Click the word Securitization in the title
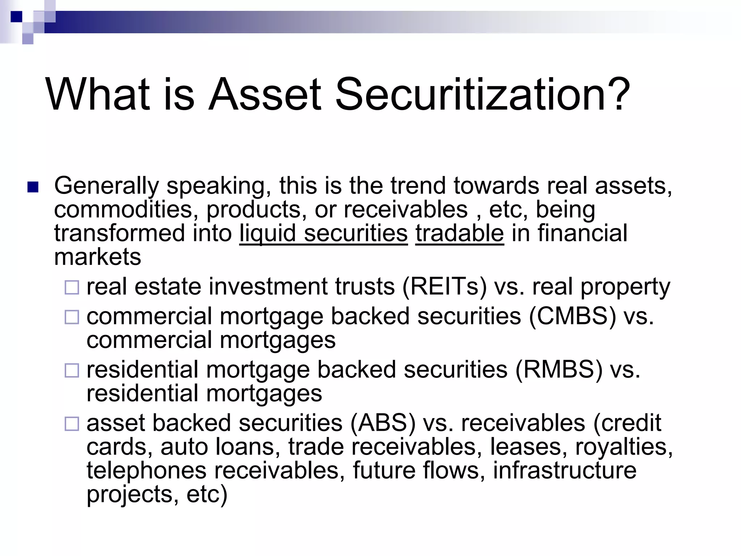pyautogui.click(x=471, y=95)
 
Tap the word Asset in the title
pyautogui.click(x=264, y=95)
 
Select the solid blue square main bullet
pyautogui.click(x=33, y=188)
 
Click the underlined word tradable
pyautogui.click(x=460, y=233)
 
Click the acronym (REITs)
pyautogui.click(x=445, y=287)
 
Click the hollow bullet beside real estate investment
pyautogui.click(x=72, y=288)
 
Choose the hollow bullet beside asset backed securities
pyautogui.click(x=72, y=424)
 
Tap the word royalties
pyautogui.click(x=624, y=447)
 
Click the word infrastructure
pyautogui.click(x=564, y=470)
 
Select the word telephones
pyautogui.click(x=146, y=470)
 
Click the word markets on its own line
pyautogui.click(x=97, y=257)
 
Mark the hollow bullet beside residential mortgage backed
pyautogui.click(x=72, y=371)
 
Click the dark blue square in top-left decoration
pyautogui.click(x=16, y=16)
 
